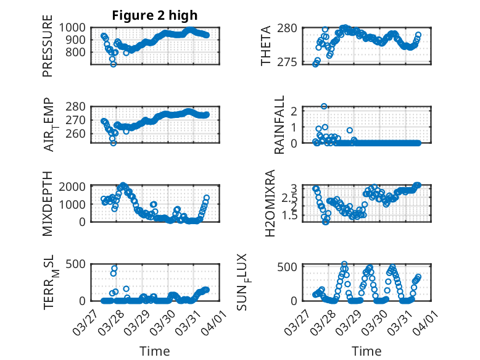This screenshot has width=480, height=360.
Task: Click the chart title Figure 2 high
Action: (155, 15)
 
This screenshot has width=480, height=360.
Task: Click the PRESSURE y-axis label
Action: (48, 49)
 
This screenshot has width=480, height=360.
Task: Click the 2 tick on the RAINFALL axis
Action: (294, 111)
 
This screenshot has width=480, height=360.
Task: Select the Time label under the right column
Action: (366, 351)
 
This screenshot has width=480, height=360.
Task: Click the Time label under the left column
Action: (155, 351)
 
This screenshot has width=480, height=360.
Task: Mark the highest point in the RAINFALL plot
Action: (324, 106)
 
